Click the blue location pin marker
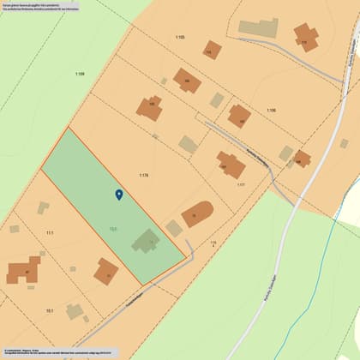coord(119,195)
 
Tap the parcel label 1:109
coord(80,75)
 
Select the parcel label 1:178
coord(144,175)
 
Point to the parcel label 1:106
coord(271,111)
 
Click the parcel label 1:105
coord(179,38)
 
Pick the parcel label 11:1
coord(50,233)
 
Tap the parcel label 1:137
coord(241,184)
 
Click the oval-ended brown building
coord(197,214)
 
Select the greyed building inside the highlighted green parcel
coord(147,242)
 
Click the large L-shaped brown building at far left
coord(23,271)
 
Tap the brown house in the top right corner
coord(305,37)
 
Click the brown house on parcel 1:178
coord(149,108)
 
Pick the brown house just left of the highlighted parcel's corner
coord(106,273)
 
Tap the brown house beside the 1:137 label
coord(230,164)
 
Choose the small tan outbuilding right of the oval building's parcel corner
coord(174,228)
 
